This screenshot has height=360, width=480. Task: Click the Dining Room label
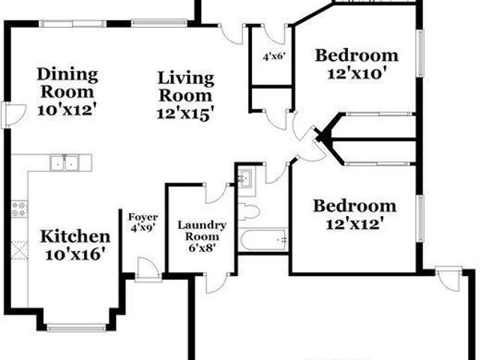click(67, 83)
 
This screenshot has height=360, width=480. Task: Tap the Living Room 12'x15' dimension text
click(184, 114)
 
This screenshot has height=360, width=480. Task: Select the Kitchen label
click(75, 236)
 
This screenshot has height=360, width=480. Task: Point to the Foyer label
click(142, 217)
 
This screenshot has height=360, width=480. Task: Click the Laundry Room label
click(202, 231)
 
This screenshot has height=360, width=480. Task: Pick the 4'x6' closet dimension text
click(274, 57)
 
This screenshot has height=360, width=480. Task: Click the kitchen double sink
click(64, 163)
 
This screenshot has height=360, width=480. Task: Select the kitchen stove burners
click(19, 208)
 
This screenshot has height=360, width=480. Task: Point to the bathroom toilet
click(248, 211)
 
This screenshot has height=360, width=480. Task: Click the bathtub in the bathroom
click(264, 240)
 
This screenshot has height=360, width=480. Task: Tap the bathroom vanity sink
click(245, 178)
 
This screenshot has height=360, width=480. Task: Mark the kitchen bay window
click(76, 328)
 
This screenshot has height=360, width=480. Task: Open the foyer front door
click(148, 270)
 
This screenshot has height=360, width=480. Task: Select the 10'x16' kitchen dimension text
click(76, 254)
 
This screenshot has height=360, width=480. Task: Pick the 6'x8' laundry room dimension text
click(202, 247)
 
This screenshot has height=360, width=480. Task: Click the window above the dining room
click(72, 23)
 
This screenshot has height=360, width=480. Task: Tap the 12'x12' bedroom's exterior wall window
click(421, 218)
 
